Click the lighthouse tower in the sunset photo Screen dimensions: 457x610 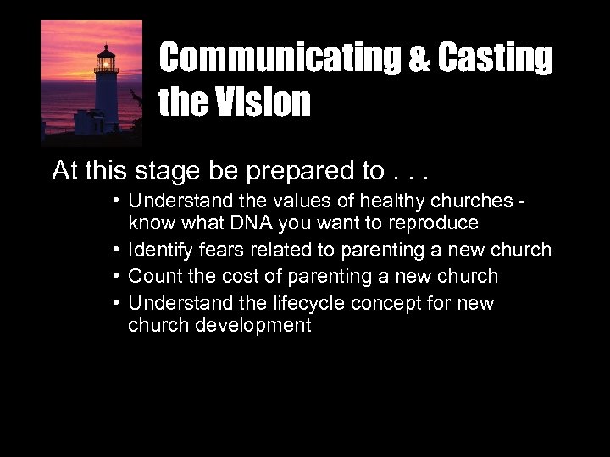tap(105, 89)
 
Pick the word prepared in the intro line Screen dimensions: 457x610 tap(296, 172)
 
